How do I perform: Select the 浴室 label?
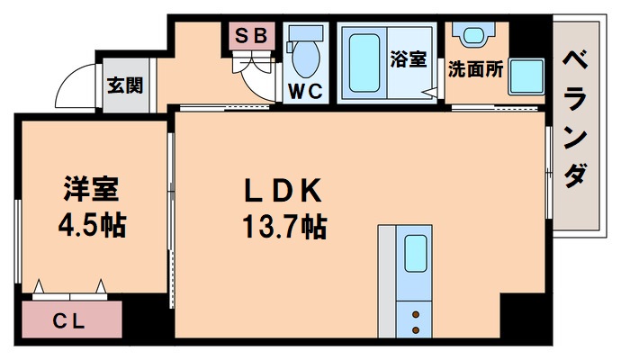[408, 59]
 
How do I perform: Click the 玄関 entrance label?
[122, 86]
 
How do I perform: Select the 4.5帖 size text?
[92, 224]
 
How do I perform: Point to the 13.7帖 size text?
[283, 227]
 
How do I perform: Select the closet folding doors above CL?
[69, 291]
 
